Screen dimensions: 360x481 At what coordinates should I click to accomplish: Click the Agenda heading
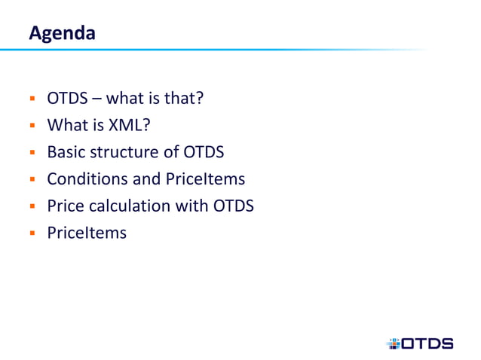point(62,33)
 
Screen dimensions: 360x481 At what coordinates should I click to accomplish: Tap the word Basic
point(67,152)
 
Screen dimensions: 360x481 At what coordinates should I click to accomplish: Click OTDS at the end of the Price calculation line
point(232,206)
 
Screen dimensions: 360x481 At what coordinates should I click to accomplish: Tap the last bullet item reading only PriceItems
point(87,232)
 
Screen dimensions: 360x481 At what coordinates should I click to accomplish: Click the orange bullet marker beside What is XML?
point(33,127)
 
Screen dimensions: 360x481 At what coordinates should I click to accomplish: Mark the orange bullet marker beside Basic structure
point(33,153)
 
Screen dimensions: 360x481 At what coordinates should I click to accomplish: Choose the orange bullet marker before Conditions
point(33,180)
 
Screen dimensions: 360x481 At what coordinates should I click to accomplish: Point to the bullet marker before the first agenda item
point(33,100)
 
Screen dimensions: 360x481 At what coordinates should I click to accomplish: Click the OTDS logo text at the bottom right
point(427,343)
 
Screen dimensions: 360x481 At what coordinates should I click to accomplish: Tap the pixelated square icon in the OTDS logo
point(393,343)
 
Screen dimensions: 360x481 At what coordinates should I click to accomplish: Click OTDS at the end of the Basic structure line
point(204,152)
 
